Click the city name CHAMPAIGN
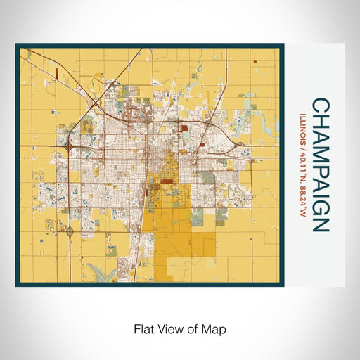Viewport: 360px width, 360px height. tap(319, 165)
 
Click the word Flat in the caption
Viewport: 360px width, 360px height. tap(144, 328)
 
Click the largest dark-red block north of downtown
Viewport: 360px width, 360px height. tap(184, 128)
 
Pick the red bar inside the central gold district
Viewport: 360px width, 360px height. tap(167, 181)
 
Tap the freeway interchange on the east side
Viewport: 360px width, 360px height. tap(241, 143)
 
